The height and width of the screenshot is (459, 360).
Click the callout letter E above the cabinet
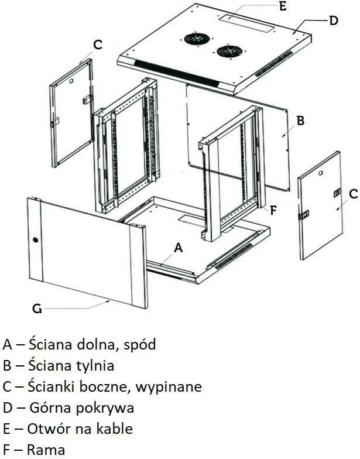click(282, 7)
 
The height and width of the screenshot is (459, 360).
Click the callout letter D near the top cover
click(333, 20)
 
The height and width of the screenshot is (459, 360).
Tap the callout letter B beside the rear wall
click(300, 121)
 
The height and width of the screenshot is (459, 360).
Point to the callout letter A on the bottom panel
click(179, 248)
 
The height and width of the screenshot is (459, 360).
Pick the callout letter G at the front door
click(37, 309)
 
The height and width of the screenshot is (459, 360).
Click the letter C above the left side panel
click(98, 44)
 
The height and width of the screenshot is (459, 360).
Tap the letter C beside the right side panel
click(353, 194)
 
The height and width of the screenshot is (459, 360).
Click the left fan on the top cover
click(197, 39)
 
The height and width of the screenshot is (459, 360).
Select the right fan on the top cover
click(228, 51)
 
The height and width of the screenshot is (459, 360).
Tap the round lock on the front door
click(35, 240)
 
